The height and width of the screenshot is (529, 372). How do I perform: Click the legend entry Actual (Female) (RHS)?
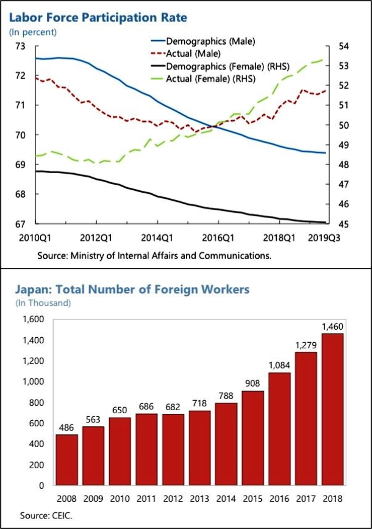tap(210, 79)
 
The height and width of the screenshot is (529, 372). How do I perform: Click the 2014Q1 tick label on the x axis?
tap(158, 237)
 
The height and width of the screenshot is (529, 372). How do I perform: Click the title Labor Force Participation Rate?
tap(98, 18)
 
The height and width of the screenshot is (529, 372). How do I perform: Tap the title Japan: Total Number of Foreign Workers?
tap(132, 290)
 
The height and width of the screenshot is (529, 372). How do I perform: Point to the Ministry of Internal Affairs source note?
tap(155, 255)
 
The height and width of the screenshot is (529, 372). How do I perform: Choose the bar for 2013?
tap(199, 447)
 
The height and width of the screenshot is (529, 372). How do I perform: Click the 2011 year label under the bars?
tap(146, 499)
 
